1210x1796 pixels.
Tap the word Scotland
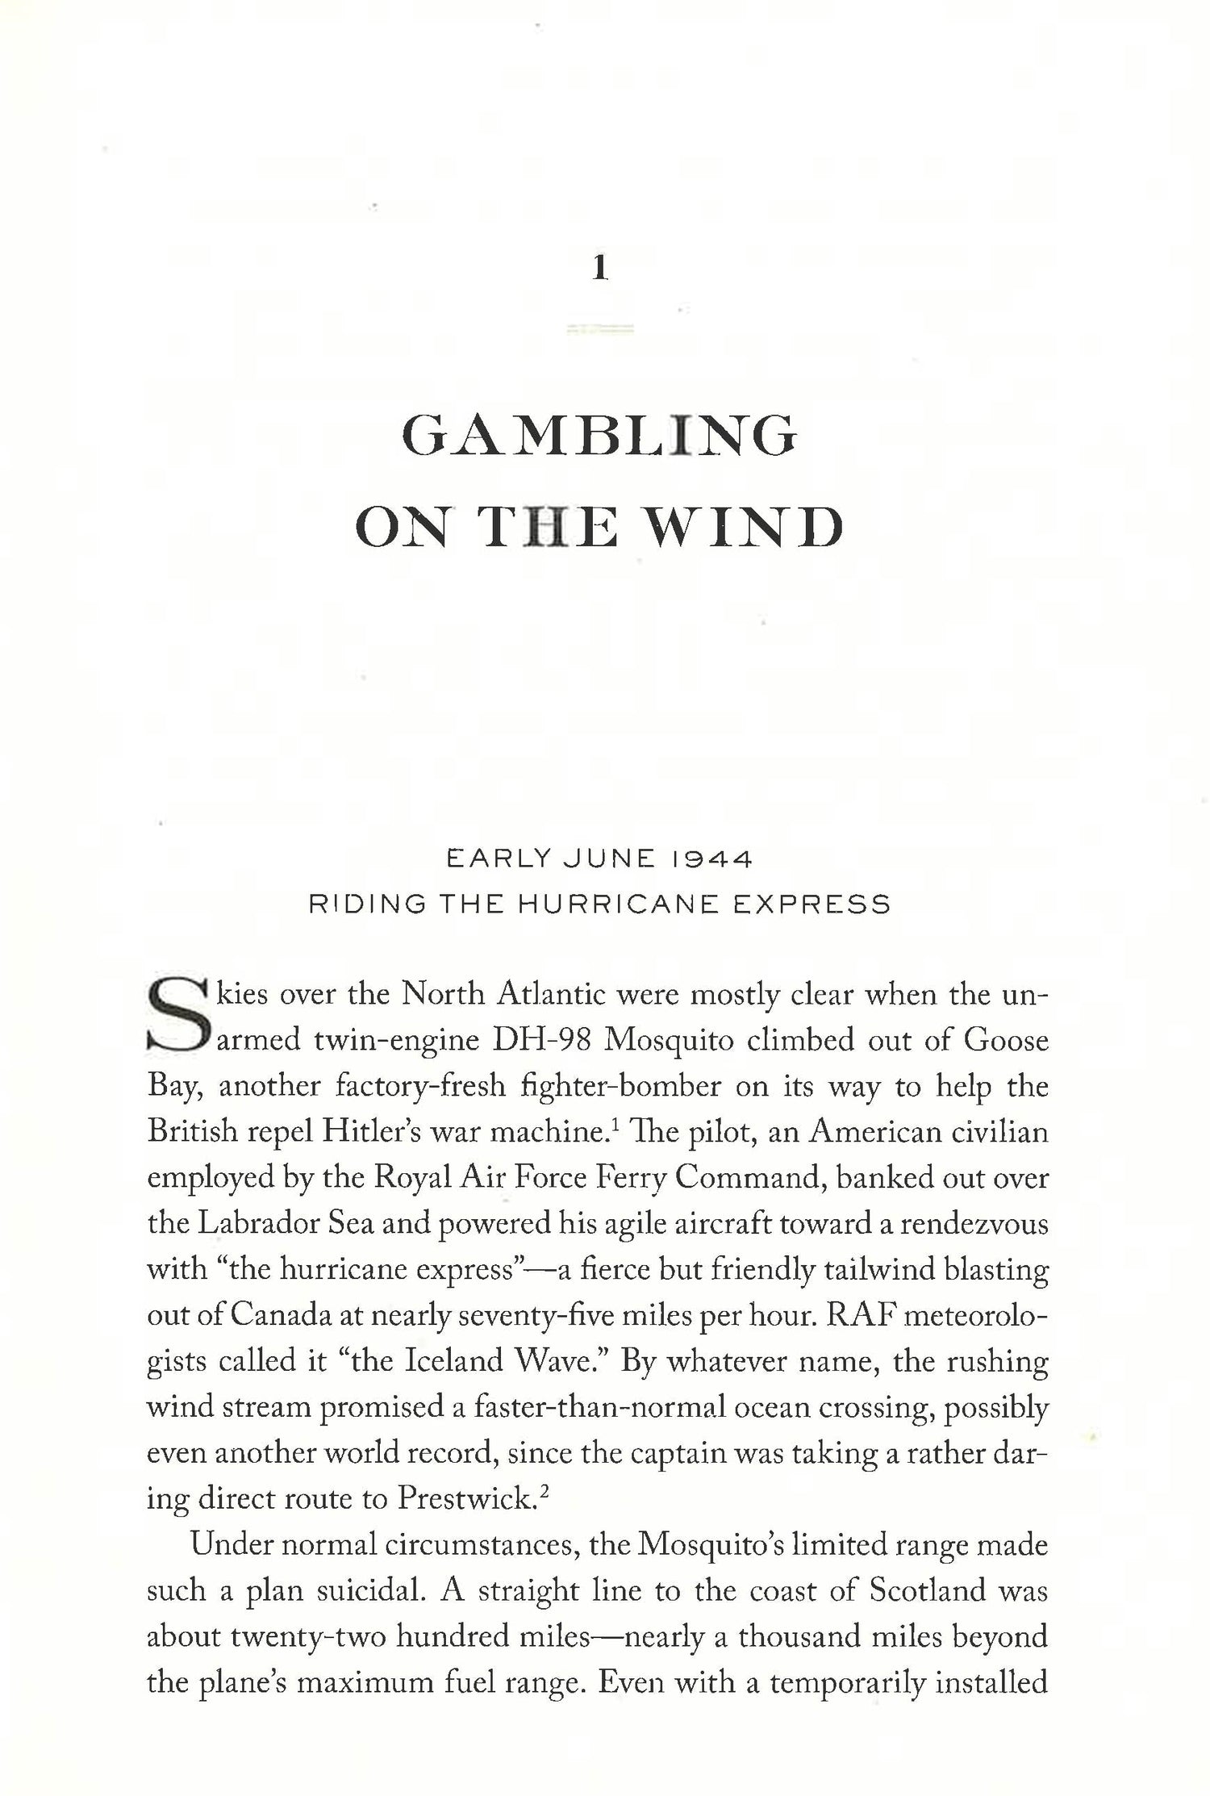point(928,1592)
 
